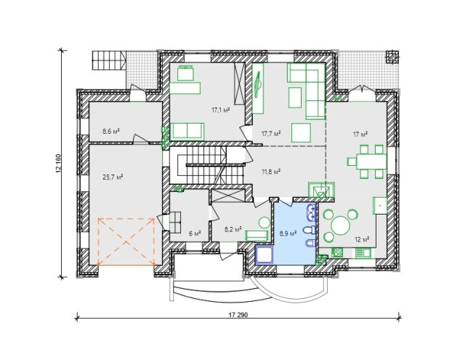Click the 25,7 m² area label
[113, 177]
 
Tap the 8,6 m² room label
[110, 131]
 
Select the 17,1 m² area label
[220, 110]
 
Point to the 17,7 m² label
[271, 133]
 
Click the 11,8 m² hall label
[271, 172]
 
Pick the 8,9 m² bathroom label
[288, 233]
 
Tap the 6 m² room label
[195, 233]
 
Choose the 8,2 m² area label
[233, 229]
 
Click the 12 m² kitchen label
[362, 239]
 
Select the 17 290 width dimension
[238, 315]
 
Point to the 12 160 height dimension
[58, 164]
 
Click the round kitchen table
[341, 226]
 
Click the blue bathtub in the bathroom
[265, 255]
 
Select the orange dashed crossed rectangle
[126, 241]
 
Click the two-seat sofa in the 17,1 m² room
[187, 131]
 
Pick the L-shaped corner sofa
[307, 91]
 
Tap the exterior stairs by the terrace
[109, 60]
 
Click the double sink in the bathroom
[312, 212]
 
